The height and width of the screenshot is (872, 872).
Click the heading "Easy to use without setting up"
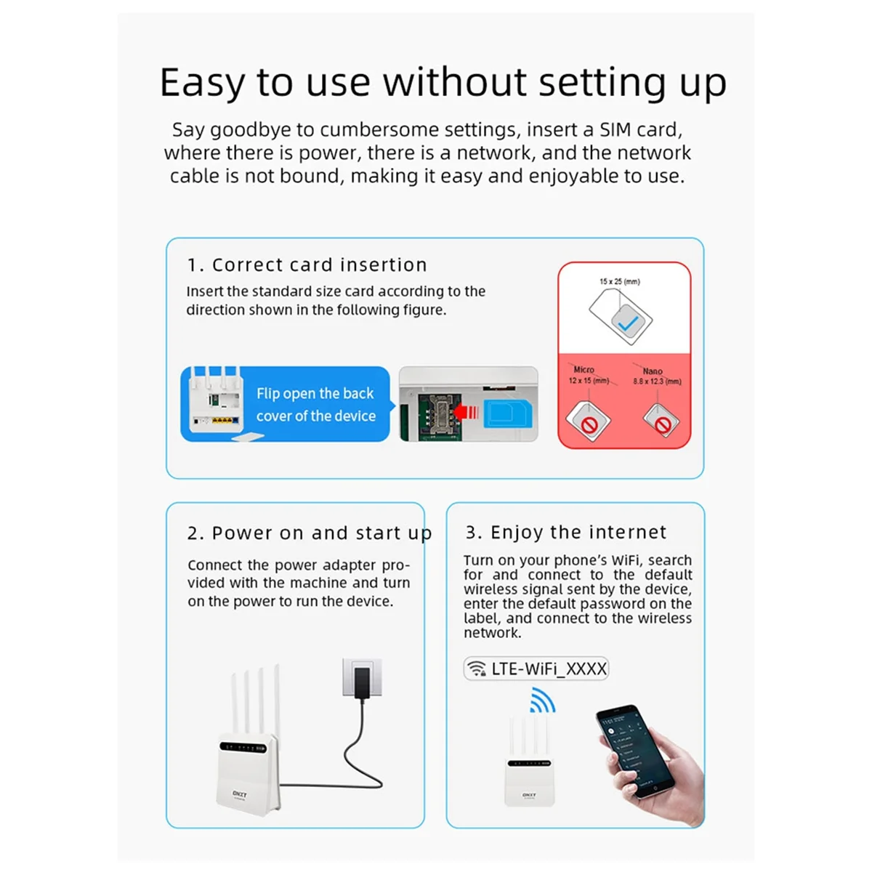coord(443,82)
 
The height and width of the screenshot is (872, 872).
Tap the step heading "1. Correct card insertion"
coord(307,265)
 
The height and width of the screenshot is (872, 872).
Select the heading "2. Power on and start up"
coord(309,533)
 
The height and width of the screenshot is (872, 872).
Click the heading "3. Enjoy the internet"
coord(566,532)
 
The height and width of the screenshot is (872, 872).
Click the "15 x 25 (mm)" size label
coord(620,281)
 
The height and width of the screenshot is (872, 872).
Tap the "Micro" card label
coord(584,369)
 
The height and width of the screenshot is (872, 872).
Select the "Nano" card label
coord(653,371)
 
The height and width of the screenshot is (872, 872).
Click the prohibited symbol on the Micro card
coord(590,424)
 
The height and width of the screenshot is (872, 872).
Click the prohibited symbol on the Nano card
coord(662,424)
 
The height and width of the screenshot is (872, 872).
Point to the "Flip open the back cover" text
coord(315,405)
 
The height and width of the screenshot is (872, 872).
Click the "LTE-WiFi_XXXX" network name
coord(549,669)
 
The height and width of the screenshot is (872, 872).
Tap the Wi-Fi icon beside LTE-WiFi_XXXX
coord(477,669)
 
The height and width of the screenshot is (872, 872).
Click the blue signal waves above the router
coord(542,701)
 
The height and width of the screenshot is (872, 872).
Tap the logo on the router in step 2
coord(240,794)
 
